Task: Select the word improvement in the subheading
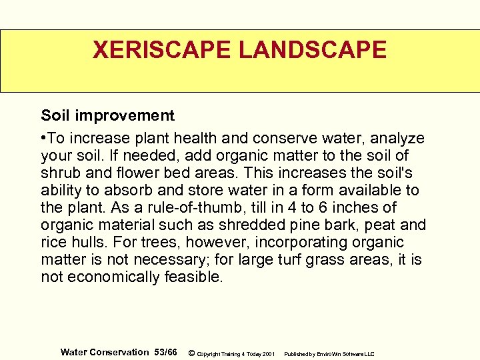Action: coord(125,115)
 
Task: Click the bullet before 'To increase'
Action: coord(43,138)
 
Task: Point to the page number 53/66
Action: coord(166,352)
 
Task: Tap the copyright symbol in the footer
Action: coord(192,353)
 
